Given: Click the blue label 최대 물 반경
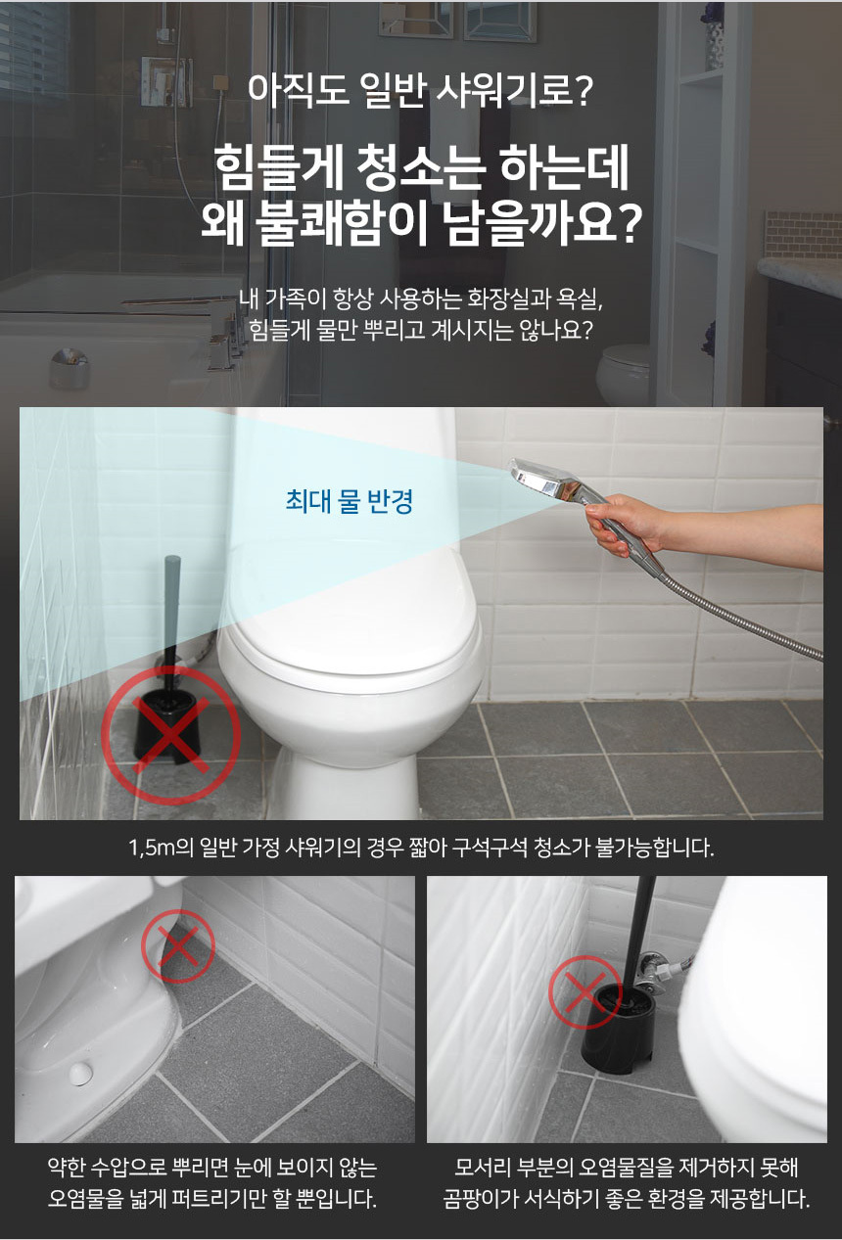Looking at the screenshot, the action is [x=349, y=501].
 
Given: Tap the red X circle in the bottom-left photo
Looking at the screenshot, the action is [x=178, y=946].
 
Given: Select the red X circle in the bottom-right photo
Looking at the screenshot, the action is [x=585, y=992].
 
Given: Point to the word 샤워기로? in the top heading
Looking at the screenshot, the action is [x=515, y=90].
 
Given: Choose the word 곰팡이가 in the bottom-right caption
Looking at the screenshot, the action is [x=480, y=1200].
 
